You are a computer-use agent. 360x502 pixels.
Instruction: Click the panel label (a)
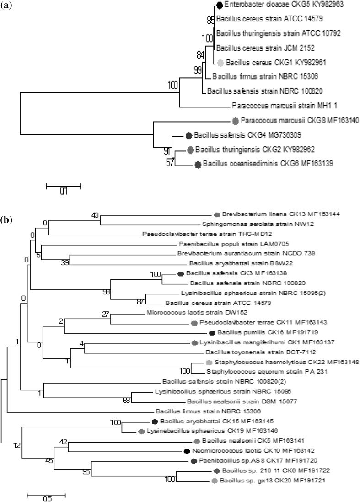pos(8,7)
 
